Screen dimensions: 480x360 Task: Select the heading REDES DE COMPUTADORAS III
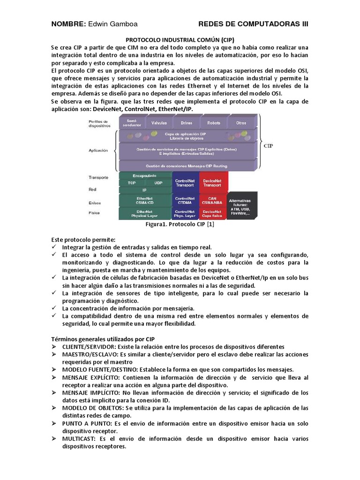253,24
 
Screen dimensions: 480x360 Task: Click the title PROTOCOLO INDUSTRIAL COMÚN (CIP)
180,40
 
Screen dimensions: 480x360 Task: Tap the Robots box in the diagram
213,123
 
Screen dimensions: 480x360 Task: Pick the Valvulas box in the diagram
159,123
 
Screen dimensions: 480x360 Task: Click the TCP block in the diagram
132,182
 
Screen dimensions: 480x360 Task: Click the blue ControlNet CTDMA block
185,201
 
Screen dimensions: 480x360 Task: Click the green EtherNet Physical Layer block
144,213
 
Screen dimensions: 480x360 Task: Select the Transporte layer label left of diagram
99,178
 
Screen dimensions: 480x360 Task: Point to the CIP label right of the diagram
269,146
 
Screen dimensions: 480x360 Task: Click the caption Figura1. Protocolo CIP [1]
180,224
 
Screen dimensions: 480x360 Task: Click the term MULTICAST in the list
79,438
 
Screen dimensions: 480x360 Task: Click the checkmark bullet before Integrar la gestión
54,247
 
